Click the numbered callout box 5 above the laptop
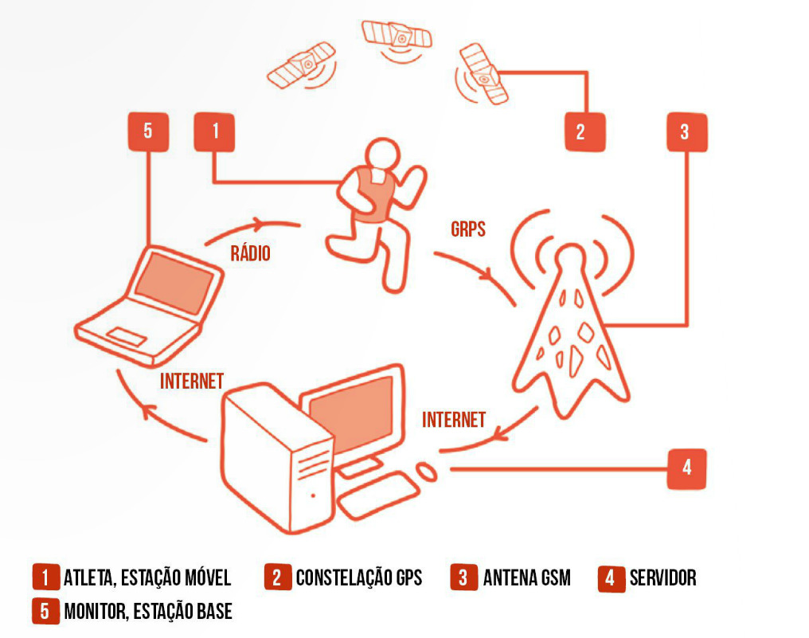tap(148, 131)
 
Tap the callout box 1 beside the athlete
tap(215, 131)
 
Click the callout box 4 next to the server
tap(686, 468)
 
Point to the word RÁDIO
tap(250, 254)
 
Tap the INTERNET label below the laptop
tap(192, 381)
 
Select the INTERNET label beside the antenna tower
tap(454, 420)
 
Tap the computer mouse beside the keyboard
tap(427, 472)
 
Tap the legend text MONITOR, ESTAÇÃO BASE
tap(148, 612)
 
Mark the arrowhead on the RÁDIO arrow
tap(259, 225)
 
